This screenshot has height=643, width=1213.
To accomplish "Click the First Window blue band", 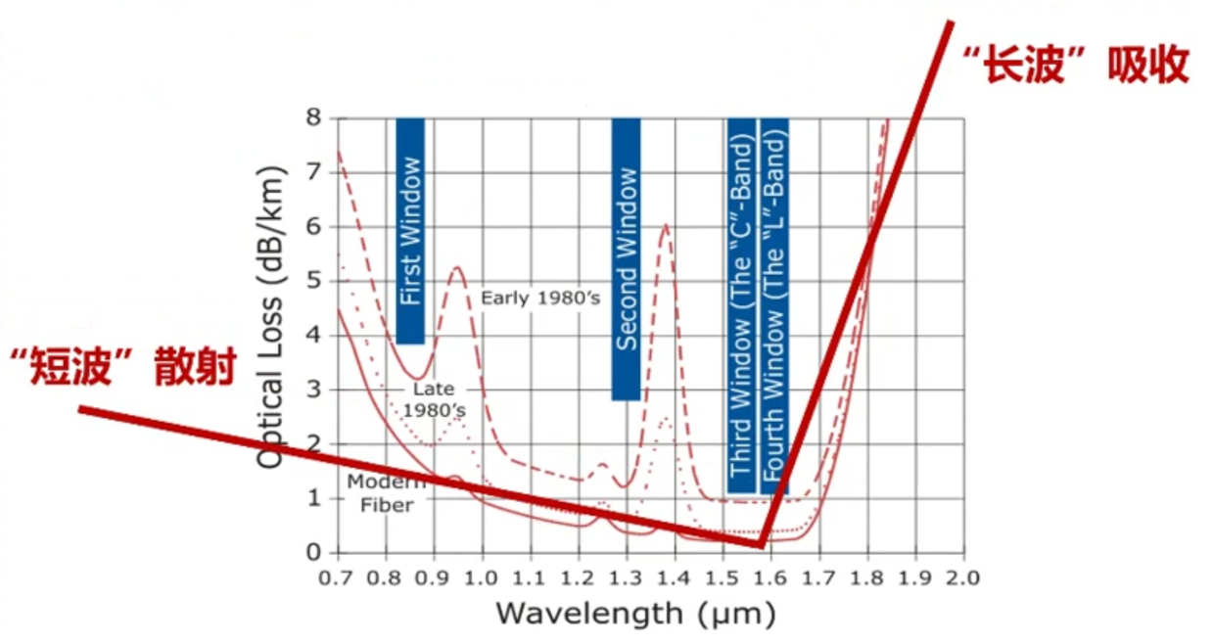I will tap(410, 231).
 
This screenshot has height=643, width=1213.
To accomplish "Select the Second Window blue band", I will tap(627, 259).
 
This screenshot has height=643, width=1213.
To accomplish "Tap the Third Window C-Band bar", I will tap(741, 306).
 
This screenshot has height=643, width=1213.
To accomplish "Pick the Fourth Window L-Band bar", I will tap(774, 306).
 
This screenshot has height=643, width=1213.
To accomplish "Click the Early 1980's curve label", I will tap(539, 298).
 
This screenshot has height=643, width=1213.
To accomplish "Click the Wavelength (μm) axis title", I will tap(635, 614).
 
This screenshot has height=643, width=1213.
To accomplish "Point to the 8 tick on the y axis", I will tap(314, 118).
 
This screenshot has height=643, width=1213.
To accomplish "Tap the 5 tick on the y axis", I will tap(314, 281).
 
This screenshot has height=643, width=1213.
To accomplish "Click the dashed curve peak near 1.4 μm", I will tap(666, 225).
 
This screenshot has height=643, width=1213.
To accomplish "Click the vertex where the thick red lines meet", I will tap(760, 544).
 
